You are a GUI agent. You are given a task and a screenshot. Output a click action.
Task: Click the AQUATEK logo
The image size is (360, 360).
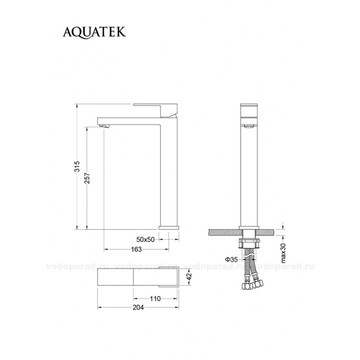coord(94,32)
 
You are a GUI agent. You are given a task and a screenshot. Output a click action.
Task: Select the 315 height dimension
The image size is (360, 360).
coord(78,166)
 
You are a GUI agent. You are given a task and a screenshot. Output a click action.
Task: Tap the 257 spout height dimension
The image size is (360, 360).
coord(88,178)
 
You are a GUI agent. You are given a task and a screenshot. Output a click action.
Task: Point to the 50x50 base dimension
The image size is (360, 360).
coord(146,239)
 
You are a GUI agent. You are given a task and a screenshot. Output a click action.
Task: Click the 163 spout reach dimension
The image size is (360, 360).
coord(136,249)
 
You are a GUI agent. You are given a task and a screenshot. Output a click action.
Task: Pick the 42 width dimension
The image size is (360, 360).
coord(189,276)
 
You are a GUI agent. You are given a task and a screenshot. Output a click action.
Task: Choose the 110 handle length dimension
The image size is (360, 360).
coord(155,299)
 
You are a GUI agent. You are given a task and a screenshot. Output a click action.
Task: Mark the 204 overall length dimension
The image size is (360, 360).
coord(138,307)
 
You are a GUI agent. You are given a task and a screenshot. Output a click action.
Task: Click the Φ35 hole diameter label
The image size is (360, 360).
coord(231,260)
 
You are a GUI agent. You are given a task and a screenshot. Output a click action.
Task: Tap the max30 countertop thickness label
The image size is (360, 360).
coord(284,253)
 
